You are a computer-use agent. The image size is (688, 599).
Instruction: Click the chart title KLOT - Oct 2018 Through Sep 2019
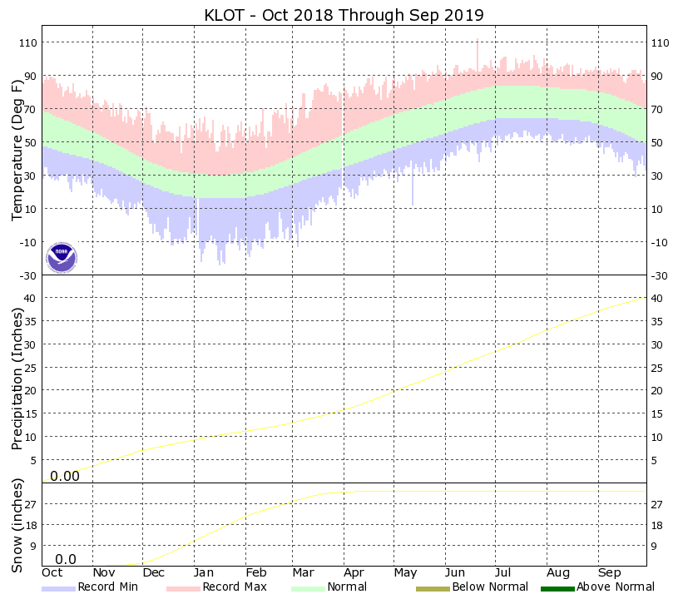coord(344,16)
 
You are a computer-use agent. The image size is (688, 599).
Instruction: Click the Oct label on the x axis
coord(52,572)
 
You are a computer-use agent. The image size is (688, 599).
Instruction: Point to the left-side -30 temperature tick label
coord(29,275)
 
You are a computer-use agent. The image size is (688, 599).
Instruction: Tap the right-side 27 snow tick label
coord(656,504)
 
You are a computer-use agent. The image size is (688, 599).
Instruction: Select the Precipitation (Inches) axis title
coord(17,379)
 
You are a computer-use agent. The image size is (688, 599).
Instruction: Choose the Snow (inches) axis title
coord(17,526)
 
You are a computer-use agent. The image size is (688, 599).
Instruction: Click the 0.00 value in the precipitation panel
coord(65,476)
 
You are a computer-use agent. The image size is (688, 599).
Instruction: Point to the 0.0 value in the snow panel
coord(66,559)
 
